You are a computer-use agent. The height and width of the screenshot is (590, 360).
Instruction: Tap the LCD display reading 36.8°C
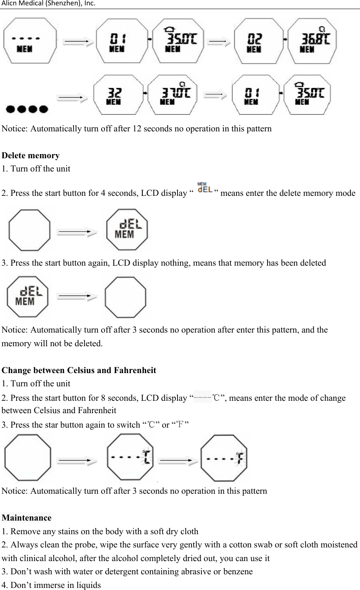coord(312,40)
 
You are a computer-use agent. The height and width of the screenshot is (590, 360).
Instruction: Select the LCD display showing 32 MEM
coord(118,95)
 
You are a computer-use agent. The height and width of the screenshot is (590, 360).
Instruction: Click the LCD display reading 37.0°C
coord(173,95)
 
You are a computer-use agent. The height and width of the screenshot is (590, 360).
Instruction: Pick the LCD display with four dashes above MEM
coord(30,40)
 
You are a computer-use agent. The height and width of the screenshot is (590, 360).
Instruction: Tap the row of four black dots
coord(27,109)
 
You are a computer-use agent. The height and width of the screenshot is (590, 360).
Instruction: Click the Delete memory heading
coord(31,156)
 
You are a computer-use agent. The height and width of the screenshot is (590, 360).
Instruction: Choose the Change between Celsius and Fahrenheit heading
coord(79,370)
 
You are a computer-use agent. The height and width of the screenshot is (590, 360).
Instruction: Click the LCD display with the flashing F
coord(225,458)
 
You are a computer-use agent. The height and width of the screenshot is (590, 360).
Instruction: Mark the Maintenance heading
coord(27,518)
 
